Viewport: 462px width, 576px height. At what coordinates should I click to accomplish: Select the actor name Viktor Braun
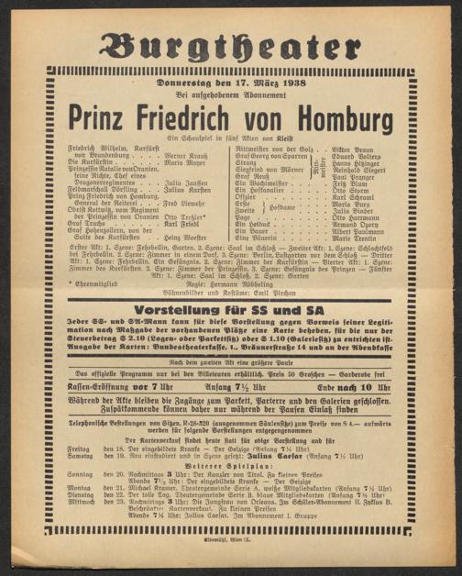pos(379,150)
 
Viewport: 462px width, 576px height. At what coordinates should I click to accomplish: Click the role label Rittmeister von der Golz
pos(274,150)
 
